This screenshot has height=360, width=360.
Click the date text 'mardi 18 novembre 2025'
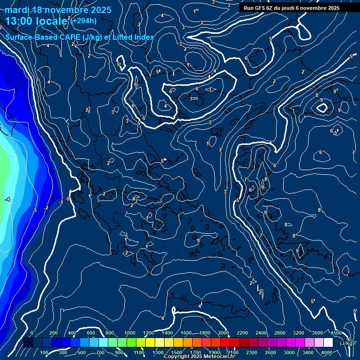[x=58, y=10]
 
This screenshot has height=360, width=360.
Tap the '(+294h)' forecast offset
[x=84, y=21]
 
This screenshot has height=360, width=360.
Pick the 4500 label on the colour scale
[x=336, y=333]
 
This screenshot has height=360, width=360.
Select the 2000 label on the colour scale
[x=224, y=333]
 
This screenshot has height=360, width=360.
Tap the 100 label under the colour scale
[x=45, y=352]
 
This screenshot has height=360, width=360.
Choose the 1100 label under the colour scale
[x=139, y=352]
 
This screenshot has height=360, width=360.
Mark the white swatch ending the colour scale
[x=328, y=343]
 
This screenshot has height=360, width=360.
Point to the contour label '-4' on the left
[x=7, y=200]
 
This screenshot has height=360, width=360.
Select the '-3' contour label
[x=34, y=210]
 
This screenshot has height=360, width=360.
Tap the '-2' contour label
[x=46, y=208]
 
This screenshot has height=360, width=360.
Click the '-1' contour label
[x=60, y=202]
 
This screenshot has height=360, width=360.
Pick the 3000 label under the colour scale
[x=289, y=352]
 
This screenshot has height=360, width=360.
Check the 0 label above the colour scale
[x=31, y=333]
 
